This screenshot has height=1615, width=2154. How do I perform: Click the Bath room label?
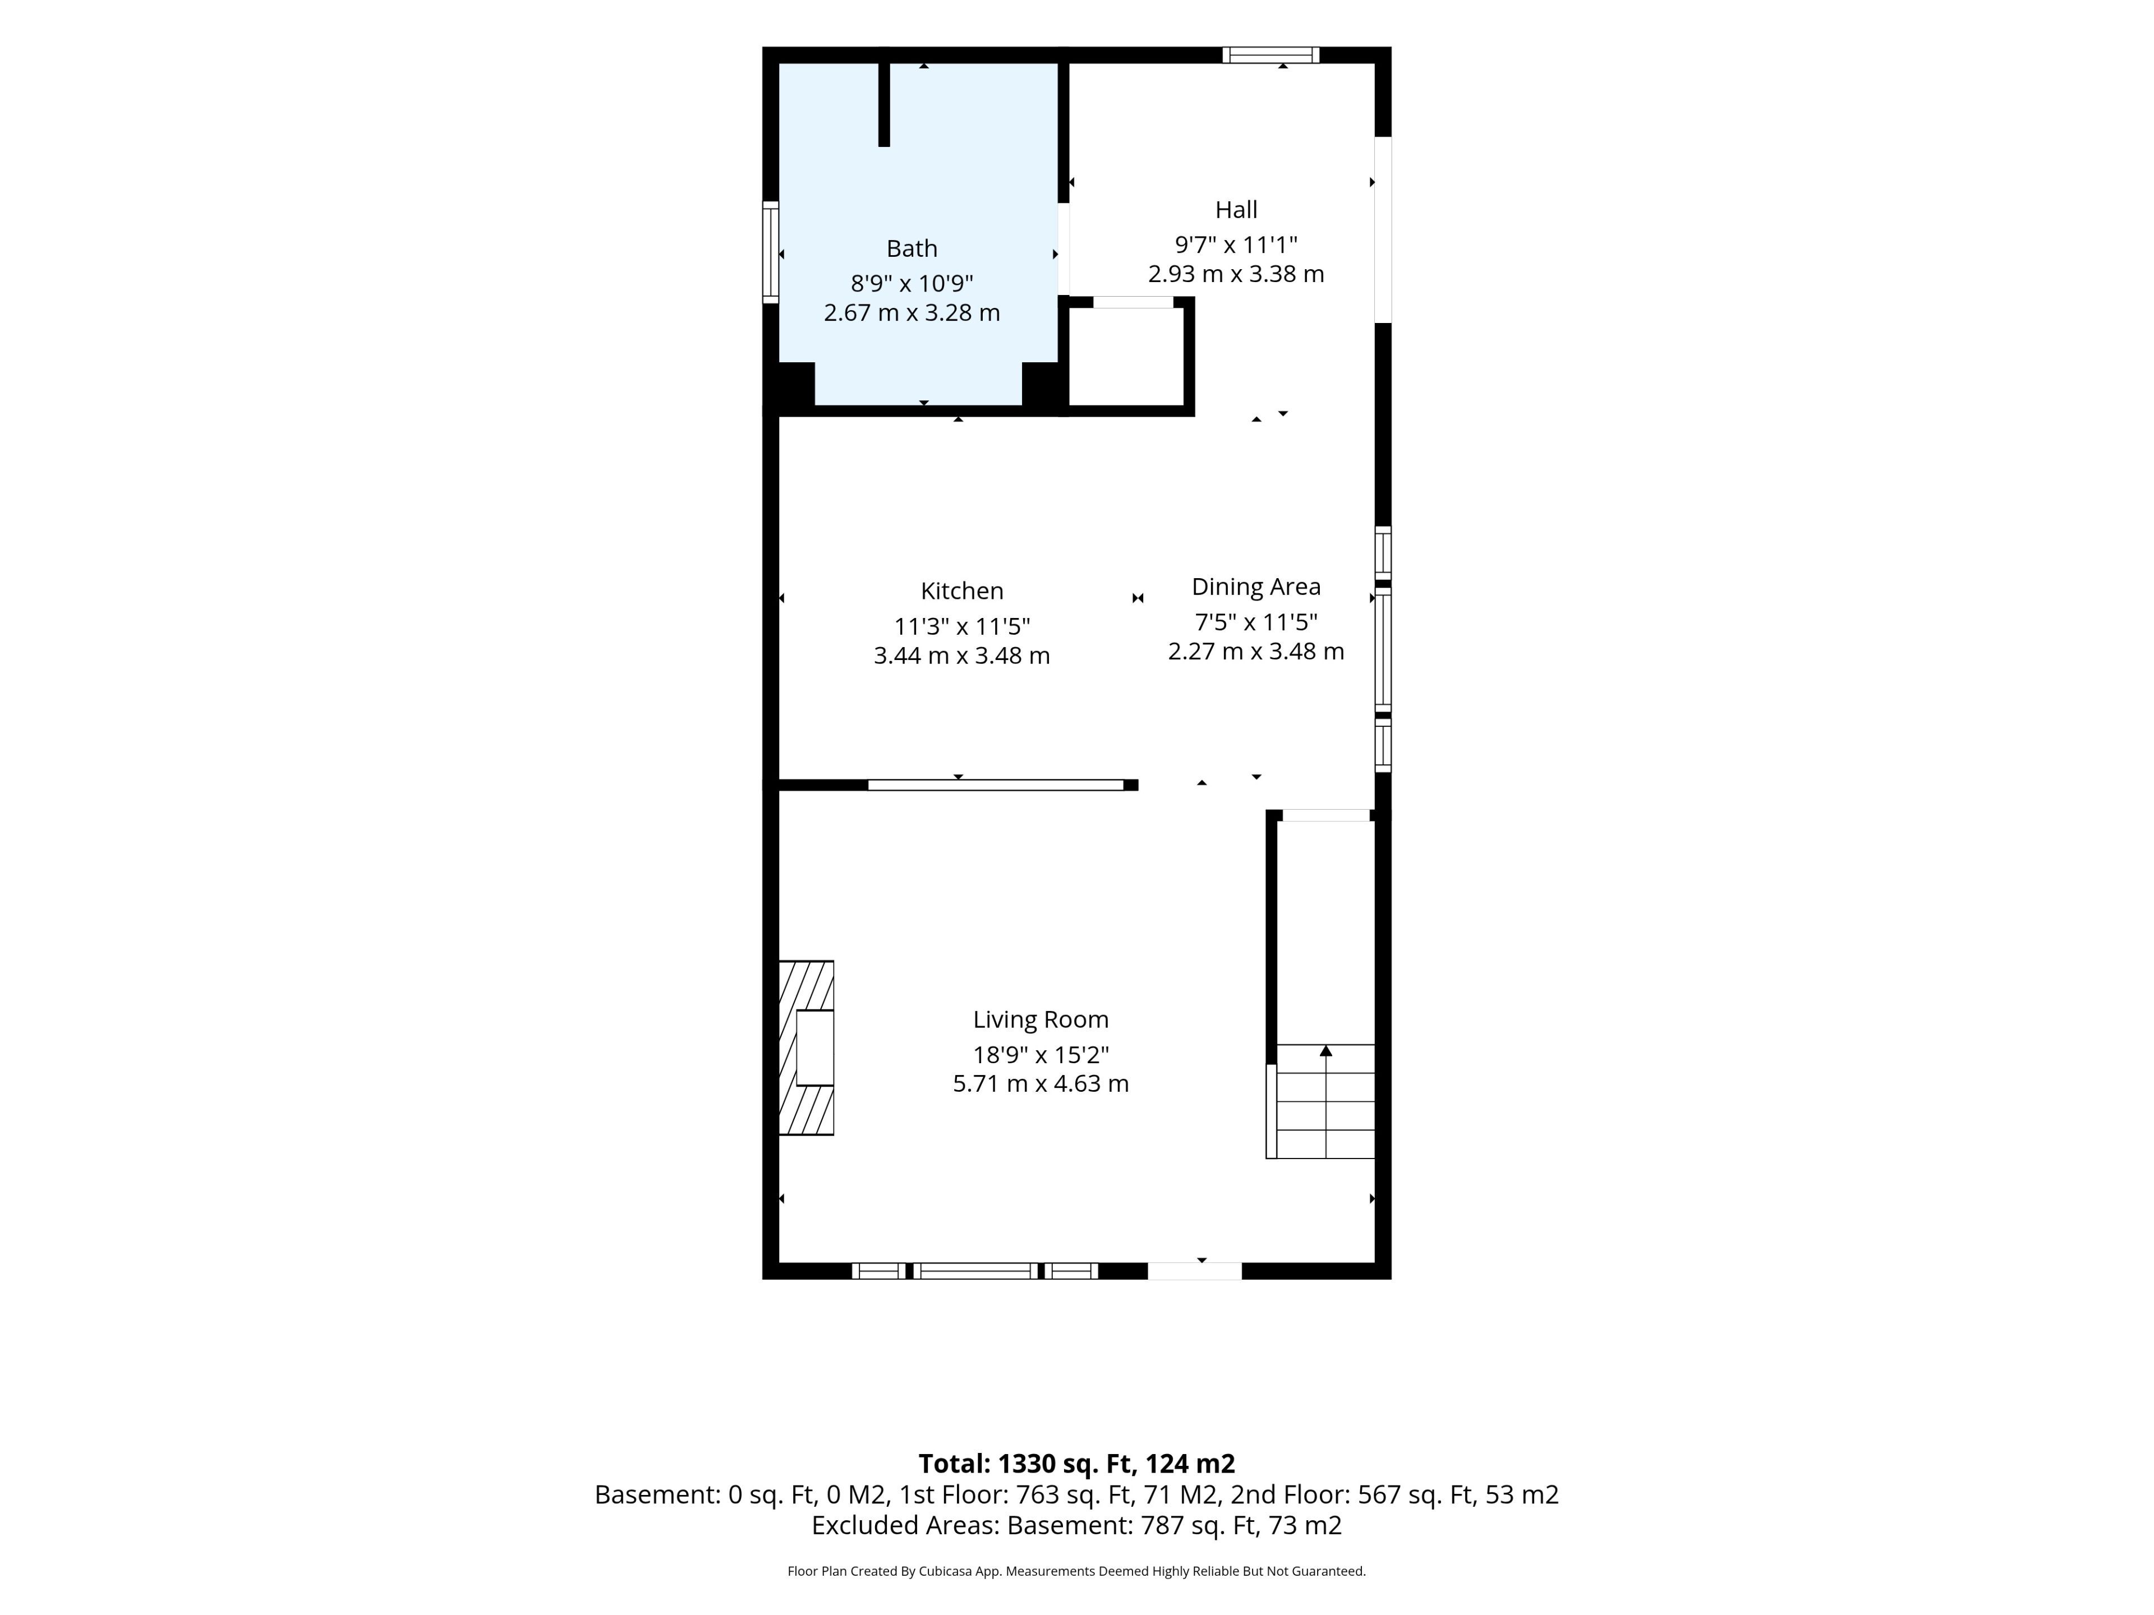point(912,248)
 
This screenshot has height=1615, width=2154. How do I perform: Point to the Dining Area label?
point(1256,587)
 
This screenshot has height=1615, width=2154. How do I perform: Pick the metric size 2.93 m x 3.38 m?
point(1236,275)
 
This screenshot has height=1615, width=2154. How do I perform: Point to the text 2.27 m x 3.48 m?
point(1256,651)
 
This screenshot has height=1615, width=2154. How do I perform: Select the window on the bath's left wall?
point(770,252)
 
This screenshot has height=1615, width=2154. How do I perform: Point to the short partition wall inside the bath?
point(884,104)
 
